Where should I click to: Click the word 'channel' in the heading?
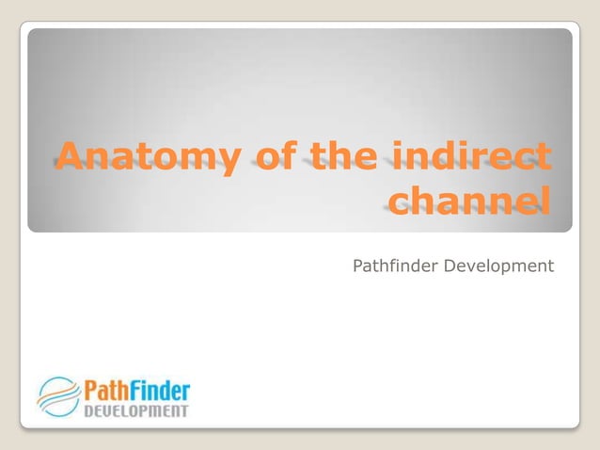[x=468, y=201]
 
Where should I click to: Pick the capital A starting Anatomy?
[x=69, y=157]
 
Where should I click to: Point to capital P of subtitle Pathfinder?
[x=358, y=266]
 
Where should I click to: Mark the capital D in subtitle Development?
[x=451, y=266]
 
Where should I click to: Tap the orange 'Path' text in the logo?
[x=107, y=389]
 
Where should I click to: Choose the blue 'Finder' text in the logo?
[x=160, y=389]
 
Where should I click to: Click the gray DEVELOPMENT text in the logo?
[x=136, y=410]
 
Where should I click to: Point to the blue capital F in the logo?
[x=137, y=389]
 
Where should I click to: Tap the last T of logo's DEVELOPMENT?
[x=184, y=410]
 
